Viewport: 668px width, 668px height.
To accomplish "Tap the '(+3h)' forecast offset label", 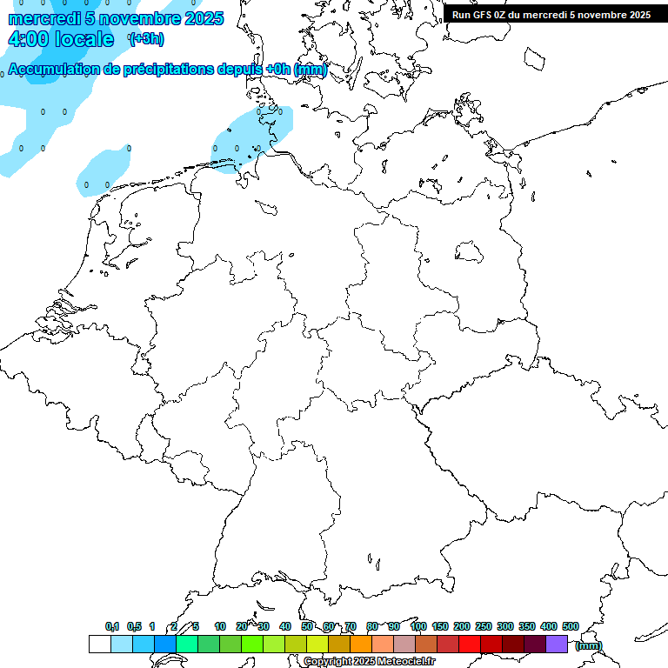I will click(x=146, y=39).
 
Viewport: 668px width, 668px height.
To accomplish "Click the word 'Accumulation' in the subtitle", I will click(x=53, y=69).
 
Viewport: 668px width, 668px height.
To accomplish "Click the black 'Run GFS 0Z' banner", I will click(x=551, y=15).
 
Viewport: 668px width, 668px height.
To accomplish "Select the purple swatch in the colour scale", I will click(x=557, y=644).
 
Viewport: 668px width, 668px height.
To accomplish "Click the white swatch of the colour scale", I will click(x=99, y=644).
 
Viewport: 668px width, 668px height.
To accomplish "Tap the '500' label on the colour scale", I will click(x=571, y=626).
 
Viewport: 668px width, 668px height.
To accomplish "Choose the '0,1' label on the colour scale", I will click(x=112, y=626).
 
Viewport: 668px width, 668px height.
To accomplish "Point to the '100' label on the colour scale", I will click(x=418, y=626).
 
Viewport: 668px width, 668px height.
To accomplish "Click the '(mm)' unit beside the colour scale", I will click(x=589, y=645).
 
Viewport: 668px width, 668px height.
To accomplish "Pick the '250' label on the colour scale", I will click(x=484, y=626).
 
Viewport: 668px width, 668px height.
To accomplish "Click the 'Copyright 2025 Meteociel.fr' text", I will click(x=369, y=662).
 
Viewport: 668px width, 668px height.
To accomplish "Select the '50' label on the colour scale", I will click(x=307, y=626).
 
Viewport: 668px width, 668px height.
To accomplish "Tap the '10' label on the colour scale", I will click(x=220, y=626).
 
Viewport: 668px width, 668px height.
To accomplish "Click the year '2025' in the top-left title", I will click(x=204, y=18).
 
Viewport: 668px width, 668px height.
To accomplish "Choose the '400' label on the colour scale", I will click(x=549, y=626).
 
